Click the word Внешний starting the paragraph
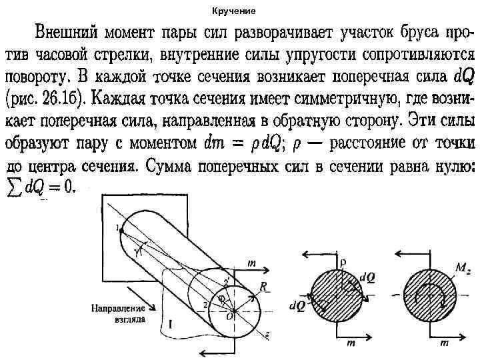pyautogui.click(x=65, y=32)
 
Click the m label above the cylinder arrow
pyautogui.click(x=251, y=263)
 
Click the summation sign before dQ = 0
pyautogui.click(x=13, y=187)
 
